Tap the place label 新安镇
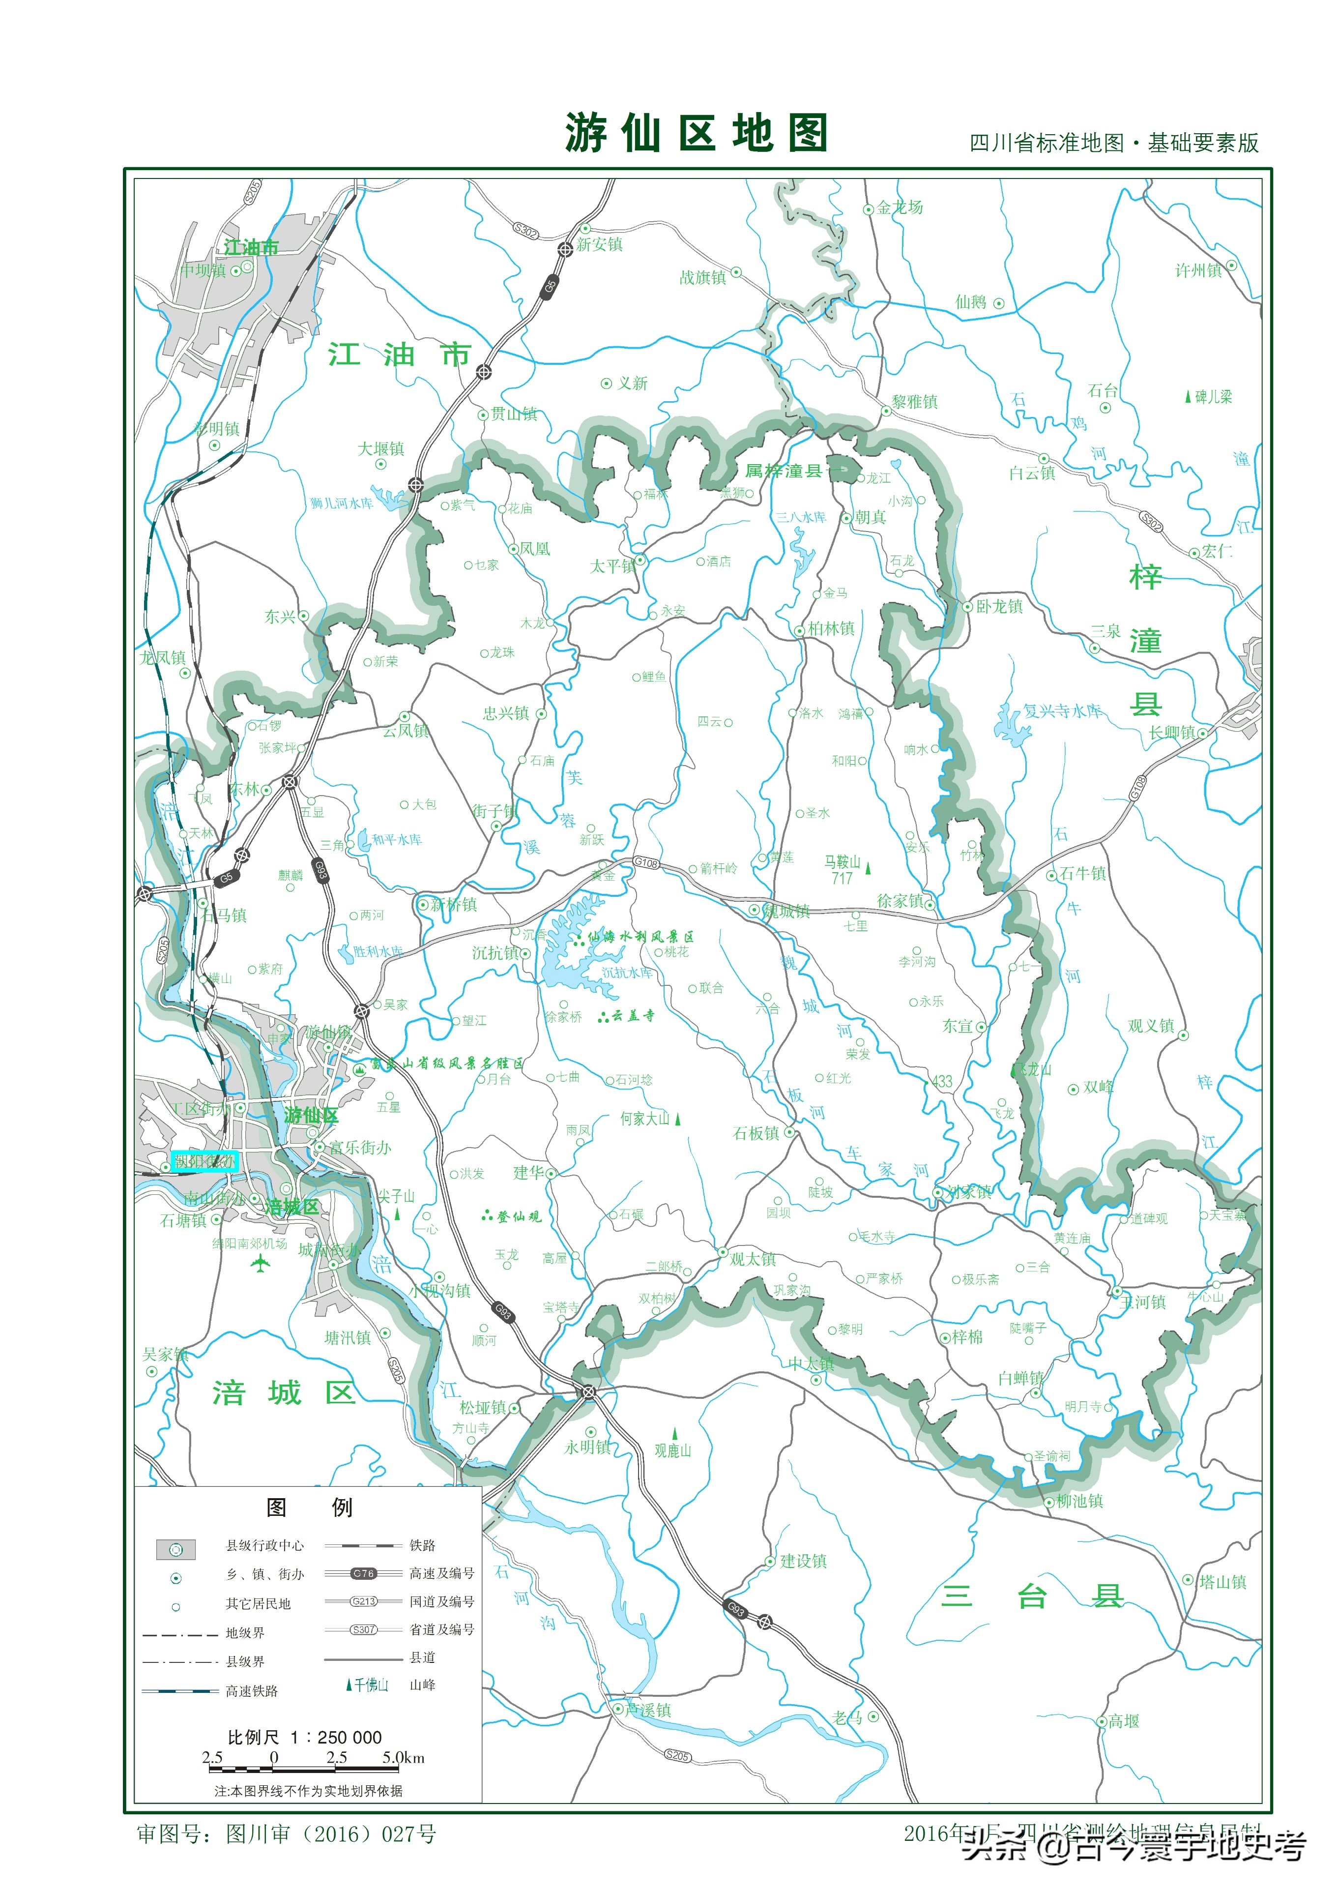coord(599,244)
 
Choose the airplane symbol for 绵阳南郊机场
coord(261,1262)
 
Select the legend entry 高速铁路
coord(252,1690)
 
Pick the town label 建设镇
coord(803,1561)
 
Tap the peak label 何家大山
coord(645,1119)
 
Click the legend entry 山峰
coord(422,1685)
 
